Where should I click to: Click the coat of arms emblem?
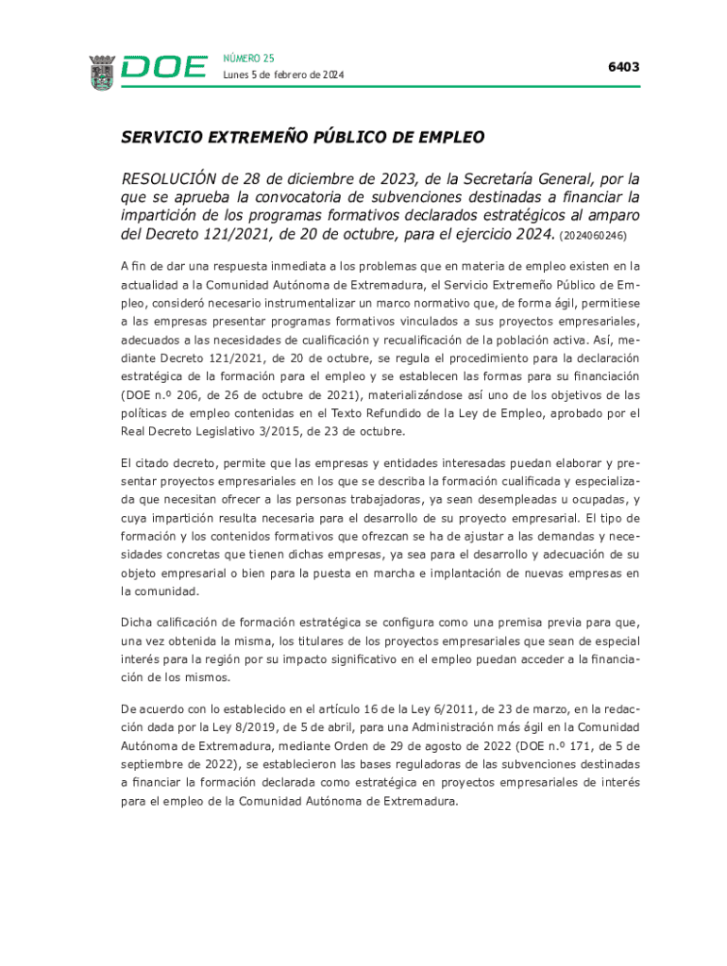point(101,72)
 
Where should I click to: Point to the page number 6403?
point(623,67)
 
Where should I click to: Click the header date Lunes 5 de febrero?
point(283,75)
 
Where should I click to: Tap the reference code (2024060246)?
point(593,235)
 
